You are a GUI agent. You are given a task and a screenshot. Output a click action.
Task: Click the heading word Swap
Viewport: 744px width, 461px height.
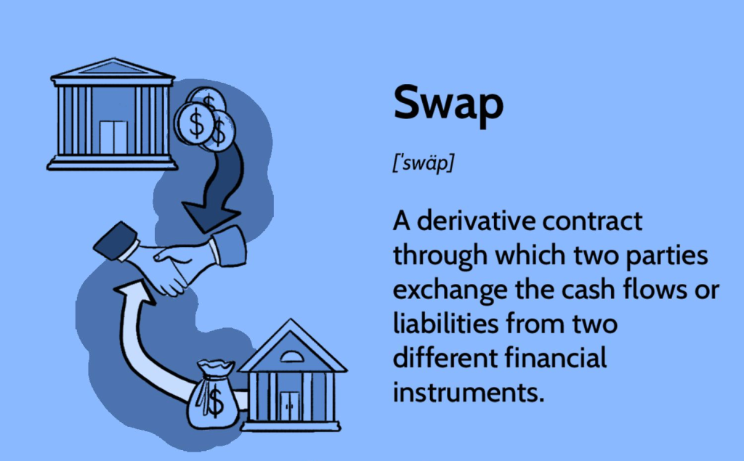(448, 103)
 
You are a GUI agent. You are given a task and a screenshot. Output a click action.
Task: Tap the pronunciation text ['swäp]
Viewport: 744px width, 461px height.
(424, 163)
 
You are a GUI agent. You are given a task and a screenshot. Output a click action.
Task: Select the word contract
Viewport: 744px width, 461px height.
(592, 221)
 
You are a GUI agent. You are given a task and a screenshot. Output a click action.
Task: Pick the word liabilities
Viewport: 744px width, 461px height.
(446, 324)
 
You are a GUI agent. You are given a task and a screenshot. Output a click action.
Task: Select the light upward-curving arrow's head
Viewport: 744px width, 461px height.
(134, 292)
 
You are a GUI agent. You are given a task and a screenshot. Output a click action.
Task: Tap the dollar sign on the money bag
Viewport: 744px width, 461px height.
(215, 401)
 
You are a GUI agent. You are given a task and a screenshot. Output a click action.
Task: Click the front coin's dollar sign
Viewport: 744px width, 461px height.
(196, 123)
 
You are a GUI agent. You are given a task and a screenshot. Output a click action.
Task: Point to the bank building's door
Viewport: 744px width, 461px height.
(113, 137)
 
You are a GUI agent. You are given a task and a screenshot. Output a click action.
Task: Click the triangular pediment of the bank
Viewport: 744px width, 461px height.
(113, 68)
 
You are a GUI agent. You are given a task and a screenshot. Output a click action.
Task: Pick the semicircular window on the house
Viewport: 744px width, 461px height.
(292, 356)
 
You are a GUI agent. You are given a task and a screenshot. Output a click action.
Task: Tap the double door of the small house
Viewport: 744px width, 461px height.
(289, 407)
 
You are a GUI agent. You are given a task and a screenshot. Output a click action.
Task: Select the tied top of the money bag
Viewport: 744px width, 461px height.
(216, 367)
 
